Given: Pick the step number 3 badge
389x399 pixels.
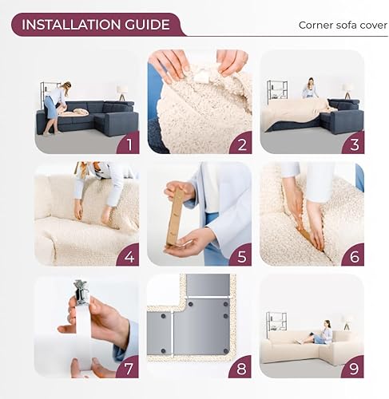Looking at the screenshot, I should [353, 144].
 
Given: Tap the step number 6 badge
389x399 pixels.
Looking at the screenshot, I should [353, 255].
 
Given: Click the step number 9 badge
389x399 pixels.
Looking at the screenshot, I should [353, 368].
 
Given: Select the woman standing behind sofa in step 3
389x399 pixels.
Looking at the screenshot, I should [310, 89].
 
